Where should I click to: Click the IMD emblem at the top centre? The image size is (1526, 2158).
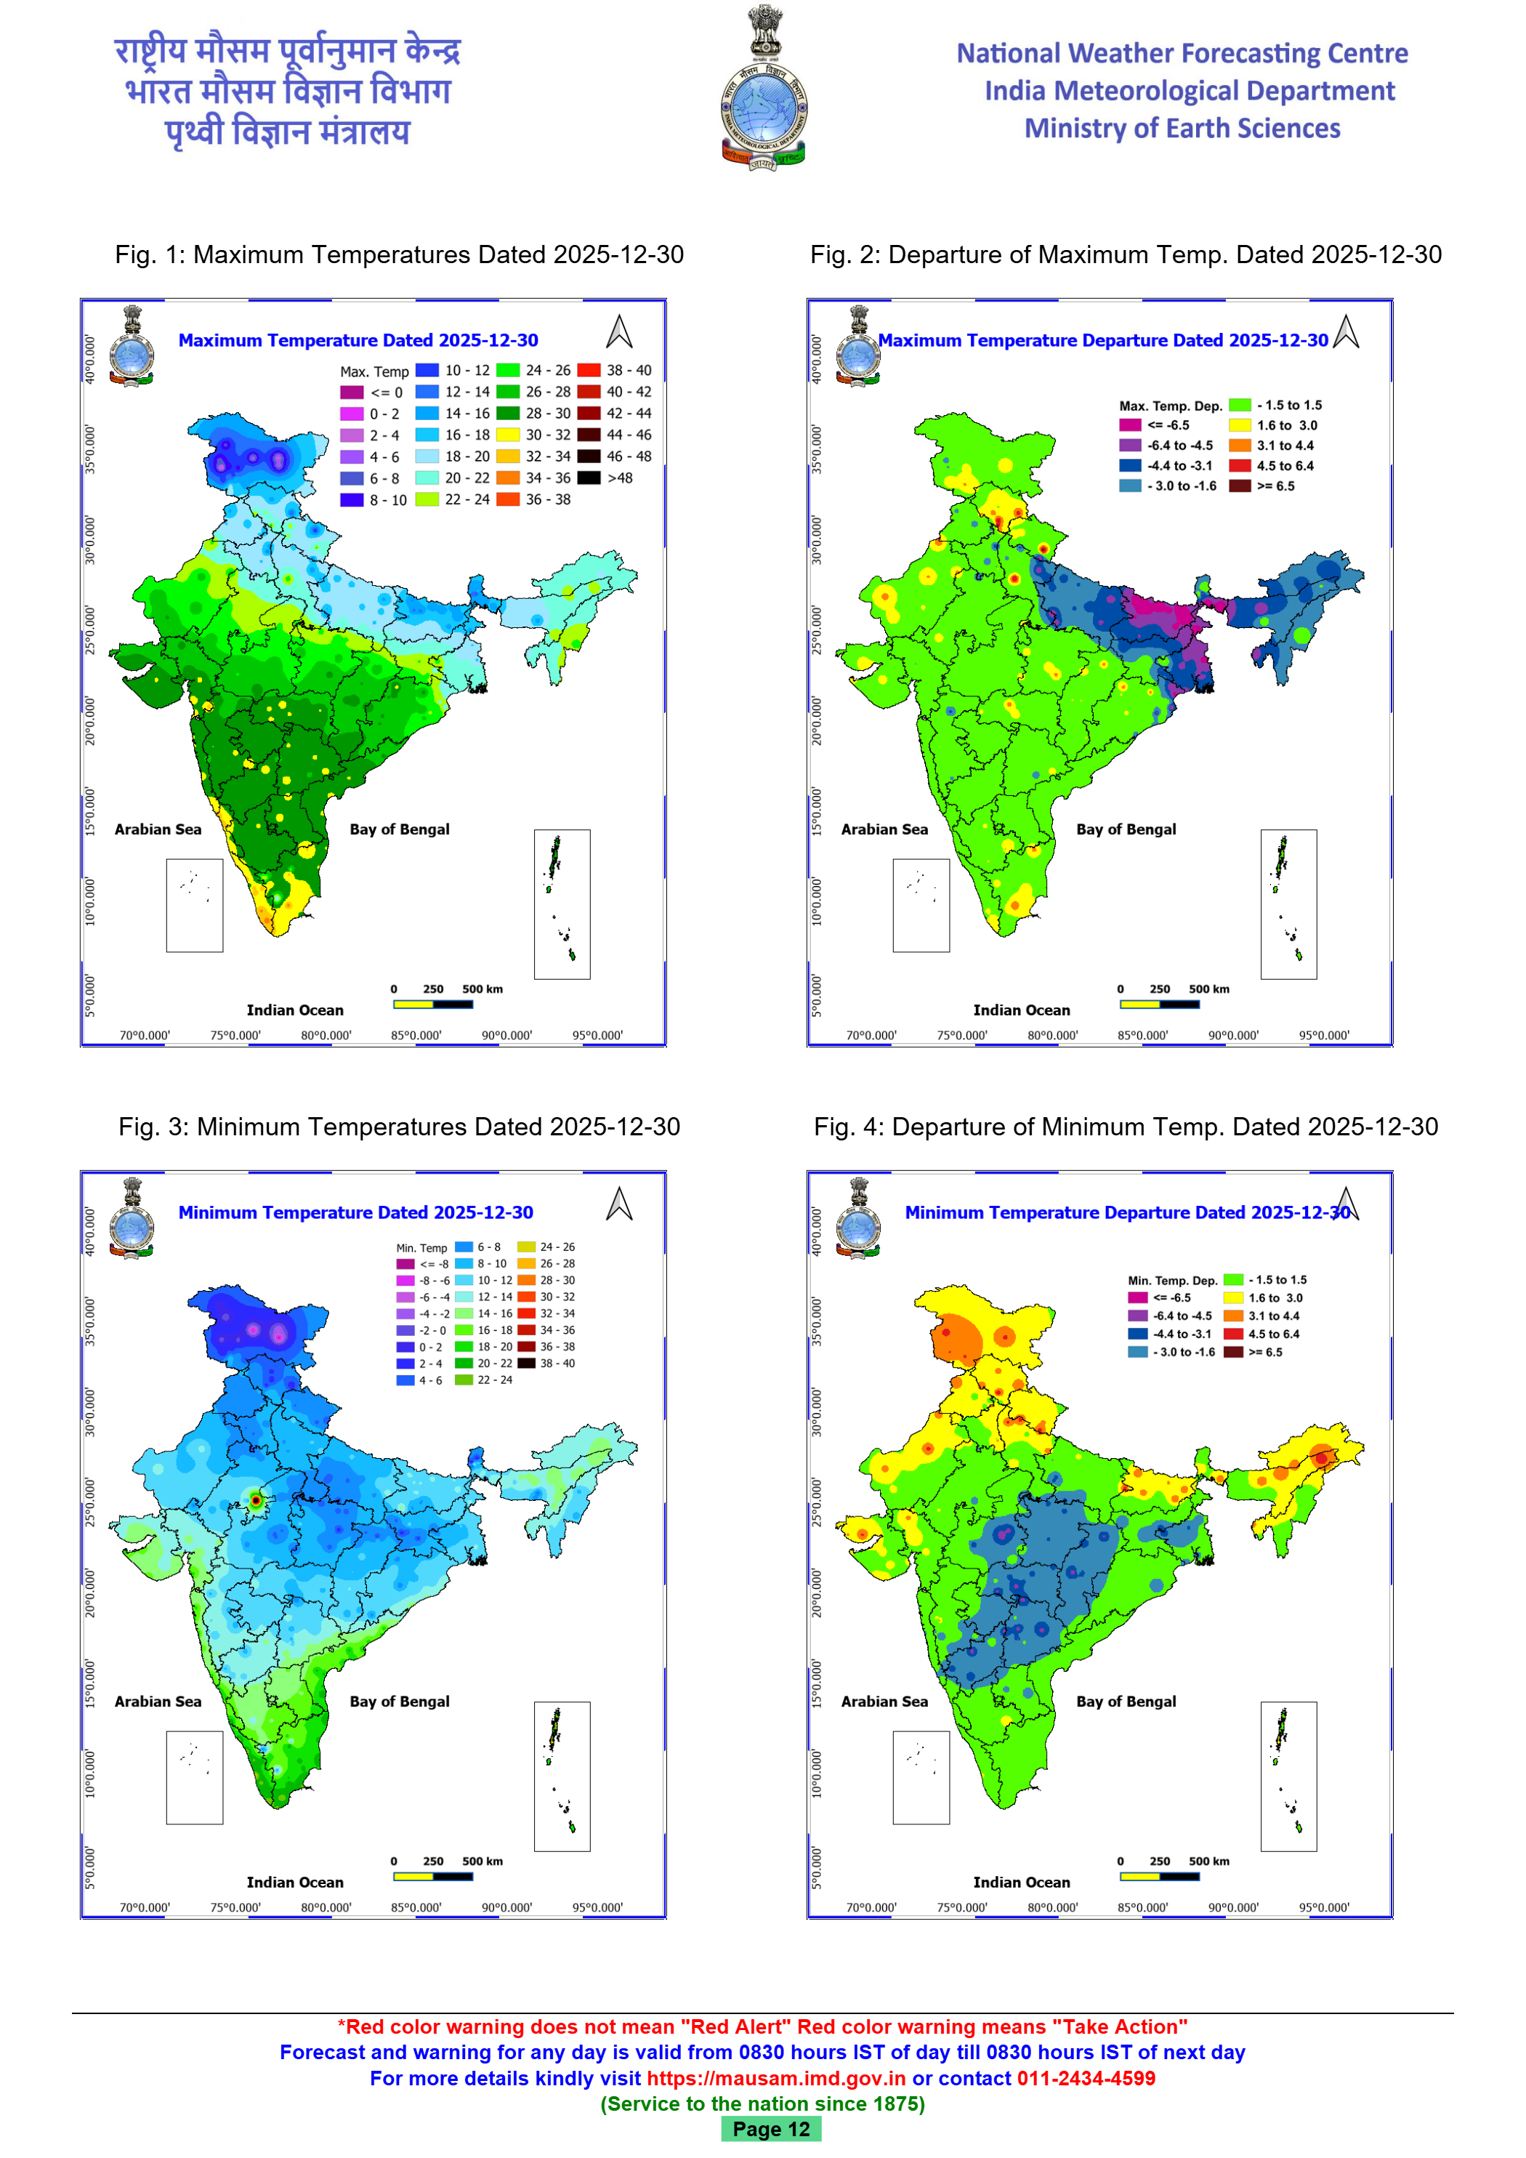tap(763, 90)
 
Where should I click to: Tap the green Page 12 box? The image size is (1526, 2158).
tap(770, 2129)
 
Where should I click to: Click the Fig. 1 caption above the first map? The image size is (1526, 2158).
tap(400, 254)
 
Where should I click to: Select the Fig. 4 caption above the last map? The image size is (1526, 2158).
tap(1125, 1127)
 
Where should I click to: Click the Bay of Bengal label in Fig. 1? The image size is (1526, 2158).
tap(400, 829)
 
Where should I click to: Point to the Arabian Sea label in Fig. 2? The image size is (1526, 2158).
tap(884, 829)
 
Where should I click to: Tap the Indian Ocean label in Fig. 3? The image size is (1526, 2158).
tap(295, 1882)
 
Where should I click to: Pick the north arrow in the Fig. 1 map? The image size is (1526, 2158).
tap(619, 331)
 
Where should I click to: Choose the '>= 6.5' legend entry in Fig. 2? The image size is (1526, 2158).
tap(1264, 486)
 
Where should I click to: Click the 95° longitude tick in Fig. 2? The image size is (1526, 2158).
tap(1324, 1036)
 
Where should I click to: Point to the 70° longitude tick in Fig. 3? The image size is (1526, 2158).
tap(145, 1908)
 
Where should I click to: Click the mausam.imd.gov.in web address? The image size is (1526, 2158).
tap(776, 2078)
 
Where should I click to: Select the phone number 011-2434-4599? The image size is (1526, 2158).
tap(1086, 2078)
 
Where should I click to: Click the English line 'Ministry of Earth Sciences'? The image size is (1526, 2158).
tap(1182, 129)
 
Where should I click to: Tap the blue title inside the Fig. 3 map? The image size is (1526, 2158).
tap(355, 1212)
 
